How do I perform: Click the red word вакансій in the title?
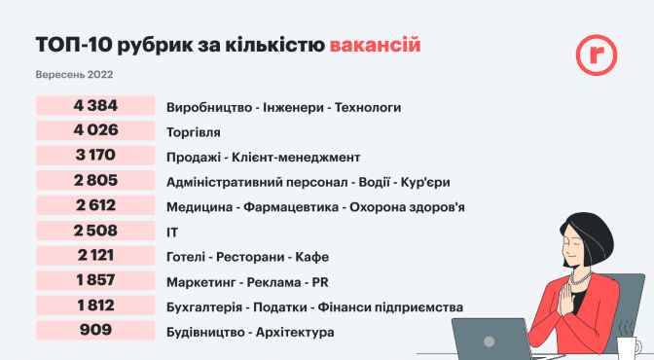(375, 45)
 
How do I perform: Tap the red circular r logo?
(597, 54)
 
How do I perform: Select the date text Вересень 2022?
(74, 75)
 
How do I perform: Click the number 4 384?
(95, 105)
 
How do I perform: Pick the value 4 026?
(95, 130)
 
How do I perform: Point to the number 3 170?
(95, 155)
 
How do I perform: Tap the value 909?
(95, 330)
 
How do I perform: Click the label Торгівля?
(193, 132)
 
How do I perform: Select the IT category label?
(172, 233)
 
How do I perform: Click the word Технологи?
(368, 108)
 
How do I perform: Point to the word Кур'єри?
(425, 182)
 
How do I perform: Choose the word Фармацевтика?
(291, 207)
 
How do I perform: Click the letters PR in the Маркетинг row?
(320, 282)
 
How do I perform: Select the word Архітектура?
(295, 333)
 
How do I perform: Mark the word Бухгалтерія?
(204, 307)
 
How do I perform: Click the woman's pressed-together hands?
(565, 299)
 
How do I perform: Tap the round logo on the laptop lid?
(489, 342)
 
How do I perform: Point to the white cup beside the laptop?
(629, 348)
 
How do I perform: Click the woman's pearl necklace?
(581, 278)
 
